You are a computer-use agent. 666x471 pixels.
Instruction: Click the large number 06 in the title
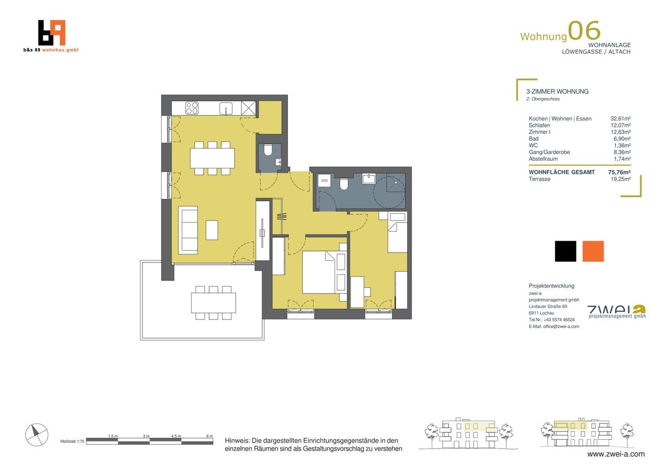(584, 30)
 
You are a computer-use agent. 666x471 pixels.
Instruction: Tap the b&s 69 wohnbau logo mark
(52, 33)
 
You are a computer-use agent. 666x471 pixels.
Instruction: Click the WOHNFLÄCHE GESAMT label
(561, 172)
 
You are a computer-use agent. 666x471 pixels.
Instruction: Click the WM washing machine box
(324, 181)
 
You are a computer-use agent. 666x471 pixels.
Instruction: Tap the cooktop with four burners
(192, 108)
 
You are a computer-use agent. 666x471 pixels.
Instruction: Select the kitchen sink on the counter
(226, 109)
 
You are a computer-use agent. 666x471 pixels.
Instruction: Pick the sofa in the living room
(188, 230)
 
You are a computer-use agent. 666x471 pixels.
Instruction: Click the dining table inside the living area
(212, 158)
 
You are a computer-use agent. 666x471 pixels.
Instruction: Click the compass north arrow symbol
(36, 435)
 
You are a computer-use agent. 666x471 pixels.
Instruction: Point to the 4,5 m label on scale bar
(176, 436)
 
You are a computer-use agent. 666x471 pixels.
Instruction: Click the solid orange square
(593, 251)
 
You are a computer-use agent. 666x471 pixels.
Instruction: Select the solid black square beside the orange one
(566, 251)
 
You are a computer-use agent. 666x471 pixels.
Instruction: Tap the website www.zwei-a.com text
(616, 454)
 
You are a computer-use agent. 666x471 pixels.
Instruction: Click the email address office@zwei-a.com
(561, 326)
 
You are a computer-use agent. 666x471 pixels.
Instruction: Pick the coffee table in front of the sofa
(212, 230)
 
